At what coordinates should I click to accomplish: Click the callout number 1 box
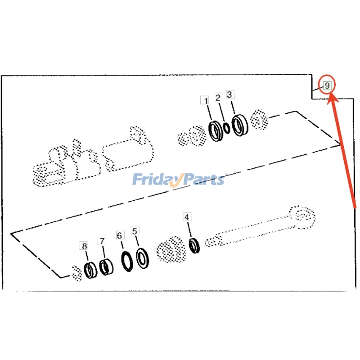(205, 100)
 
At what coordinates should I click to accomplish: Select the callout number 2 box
(218, 98)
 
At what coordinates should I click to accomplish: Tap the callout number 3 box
(229, 94)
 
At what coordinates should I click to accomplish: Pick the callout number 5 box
(135, 230)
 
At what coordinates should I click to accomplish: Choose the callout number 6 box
(119, 235)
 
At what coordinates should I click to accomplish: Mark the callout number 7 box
(102, 241)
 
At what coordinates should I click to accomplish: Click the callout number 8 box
(84, 246)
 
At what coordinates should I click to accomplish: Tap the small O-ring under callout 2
(227, 127)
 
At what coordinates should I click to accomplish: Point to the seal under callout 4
(194, 246)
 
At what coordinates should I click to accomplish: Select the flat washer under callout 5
(144, 259)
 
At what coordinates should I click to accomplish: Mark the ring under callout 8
(90, 270)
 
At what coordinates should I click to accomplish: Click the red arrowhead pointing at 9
(330, 97)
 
